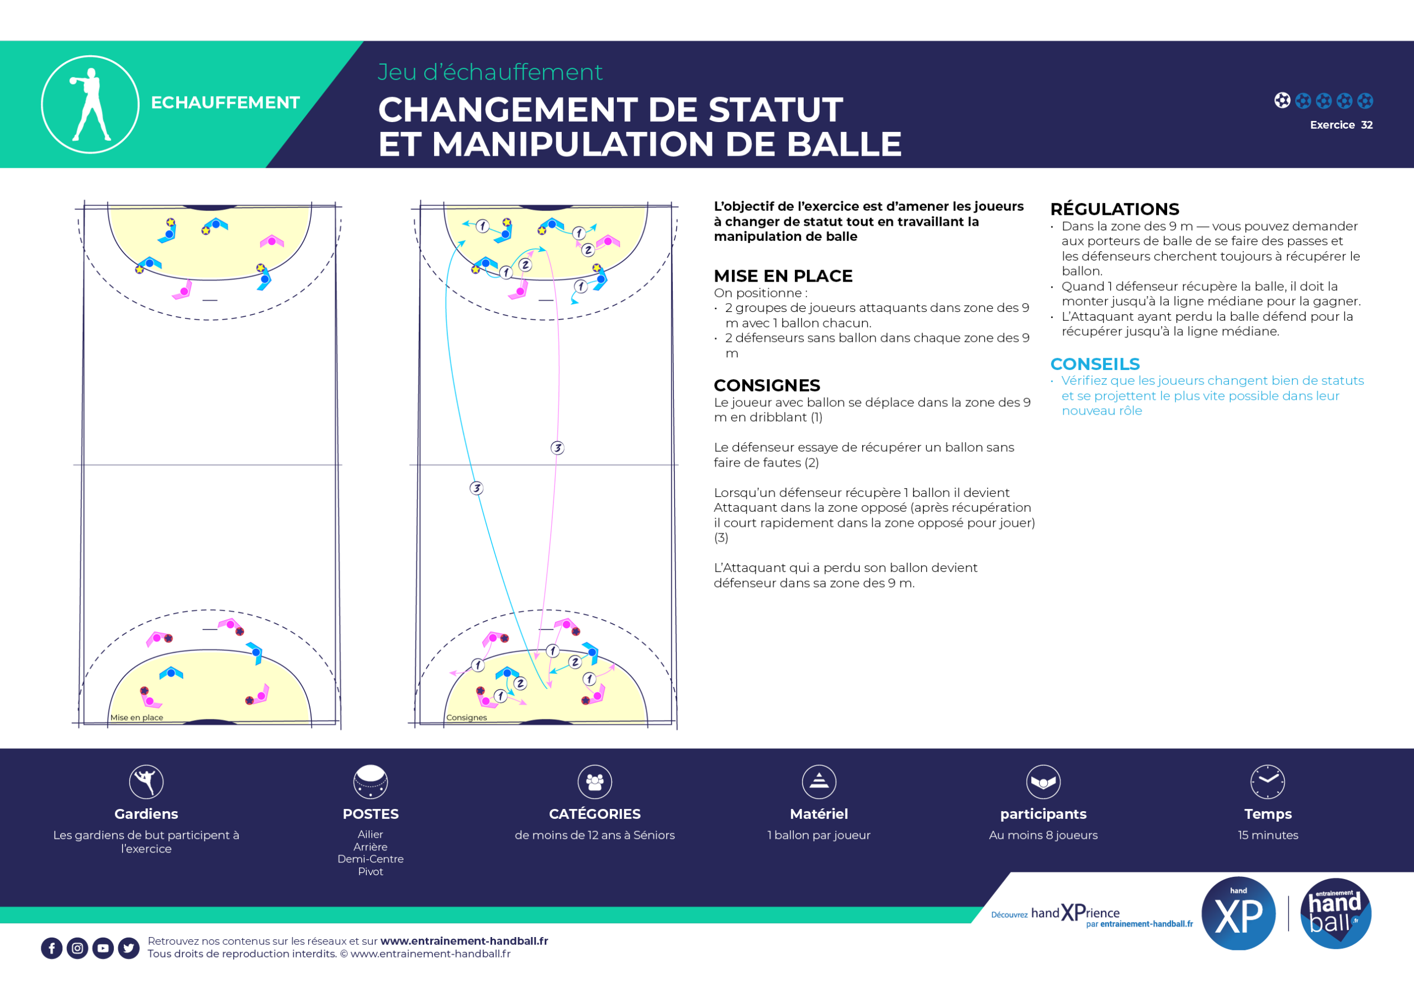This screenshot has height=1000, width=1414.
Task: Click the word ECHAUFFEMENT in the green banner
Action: coord(225,102)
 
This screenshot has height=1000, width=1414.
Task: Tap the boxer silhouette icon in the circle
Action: coord(90,104)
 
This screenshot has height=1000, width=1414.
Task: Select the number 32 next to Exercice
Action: coord(1366,125)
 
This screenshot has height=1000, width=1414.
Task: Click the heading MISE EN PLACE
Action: coord(783,276)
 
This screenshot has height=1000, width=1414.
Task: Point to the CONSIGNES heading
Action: coord(767,385)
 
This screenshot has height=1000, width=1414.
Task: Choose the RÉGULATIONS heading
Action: coord(1115,209)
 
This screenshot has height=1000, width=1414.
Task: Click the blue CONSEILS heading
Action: coord(1095,364)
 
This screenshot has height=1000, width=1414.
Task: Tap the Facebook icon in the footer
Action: coord(52,948)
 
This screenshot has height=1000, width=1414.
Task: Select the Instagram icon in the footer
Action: coord(77,948)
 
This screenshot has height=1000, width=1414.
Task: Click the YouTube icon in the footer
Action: coord(103,948)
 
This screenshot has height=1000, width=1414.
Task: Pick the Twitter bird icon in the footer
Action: coord(129,948)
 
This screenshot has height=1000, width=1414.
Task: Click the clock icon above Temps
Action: coord(1268,781)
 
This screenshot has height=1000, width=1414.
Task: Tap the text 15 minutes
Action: coord(1268,835)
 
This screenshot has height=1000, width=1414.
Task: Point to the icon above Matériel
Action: coord(819,781)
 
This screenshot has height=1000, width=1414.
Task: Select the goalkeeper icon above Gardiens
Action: coord(146,781)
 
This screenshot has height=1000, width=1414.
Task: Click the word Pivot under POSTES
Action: coord(371,871)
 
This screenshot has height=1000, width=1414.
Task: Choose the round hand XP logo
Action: coord(1238,913)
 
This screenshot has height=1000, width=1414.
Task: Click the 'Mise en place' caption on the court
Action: coord(137,717)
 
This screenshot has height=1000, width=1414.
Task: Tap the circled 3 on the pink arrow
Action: coord(557,448)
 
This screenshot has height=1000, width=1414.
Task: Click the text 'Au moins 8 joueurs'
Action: coord(1043,835)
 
